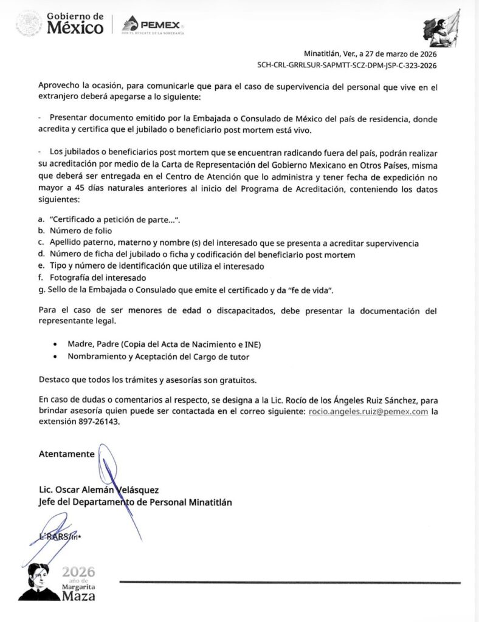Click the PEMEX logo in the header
152,25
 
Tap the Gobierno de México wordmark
75,24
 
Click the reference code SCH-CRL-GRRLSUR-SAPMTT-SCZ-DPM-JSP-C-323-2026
347,66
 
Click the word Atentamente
66,454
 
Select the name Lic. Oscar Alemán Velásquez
98,490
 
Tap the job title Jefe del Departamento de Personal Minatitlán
134,502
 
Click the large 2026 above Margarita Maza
79,572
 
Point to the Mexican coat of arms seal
28,24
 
